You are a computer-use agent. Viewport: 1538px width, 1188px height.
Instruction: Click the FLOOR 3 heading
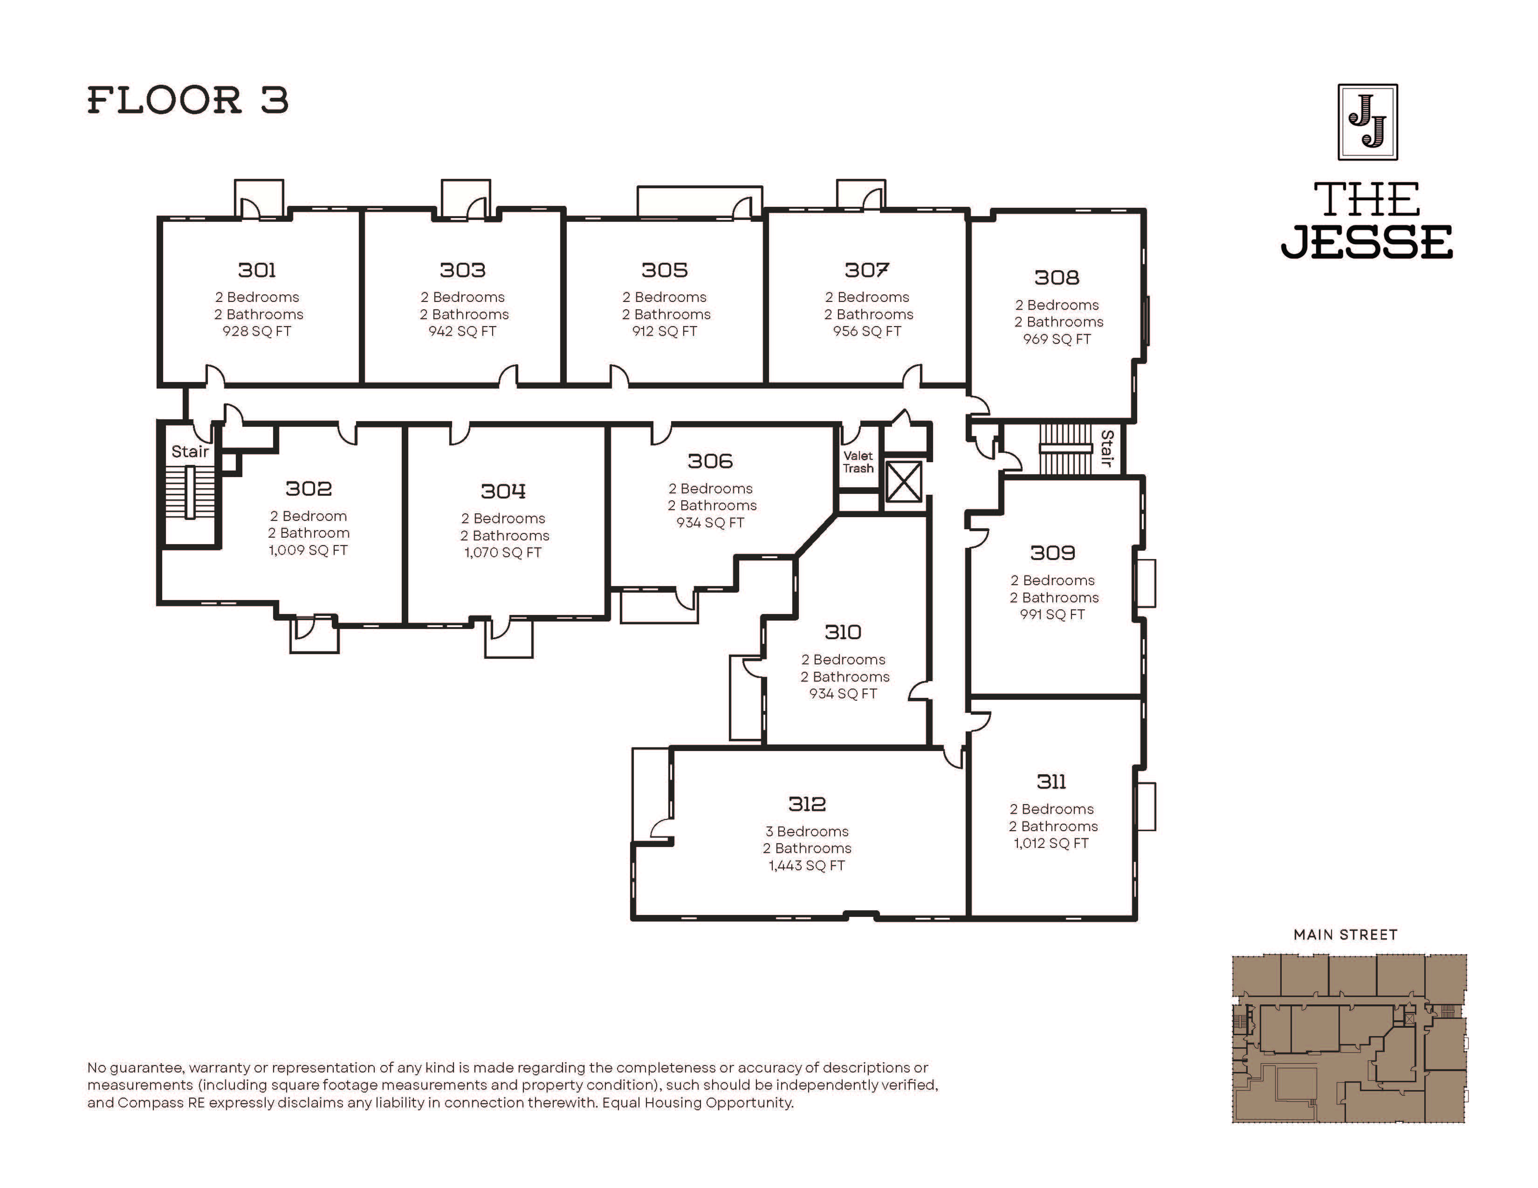188,100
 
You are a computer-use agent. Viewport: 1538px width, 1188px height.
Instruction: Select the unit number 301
257,270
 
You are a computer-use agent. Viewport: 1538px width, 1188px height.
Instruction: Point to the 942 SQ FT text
463,332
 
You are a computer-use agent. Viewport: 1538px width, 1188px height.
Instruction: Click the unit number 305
665,270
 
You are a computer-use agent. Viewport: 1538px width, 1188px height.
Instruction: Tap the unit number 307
867,270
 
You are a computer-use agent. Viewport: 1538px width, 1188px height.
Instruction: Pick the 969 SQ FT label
1057,339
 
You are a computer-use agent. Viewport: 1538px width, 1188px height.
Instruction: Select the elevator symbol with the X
904,481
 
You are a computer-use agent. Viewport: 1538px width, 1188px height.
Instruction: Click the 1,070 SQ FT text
503,553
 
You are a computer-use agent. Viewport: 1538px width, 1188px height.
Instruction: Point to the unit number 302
309,488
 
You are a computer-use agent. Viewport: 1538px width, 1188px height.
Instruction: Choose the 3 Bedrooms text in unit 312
807,831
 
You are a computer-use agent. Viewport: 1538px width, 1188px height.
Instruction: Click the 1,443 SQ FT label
807,866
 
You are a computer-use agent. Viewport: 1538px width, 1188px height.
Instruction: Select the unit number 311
1051,782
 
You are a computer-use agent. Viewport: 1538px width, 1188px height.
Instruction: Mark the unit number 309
1053,553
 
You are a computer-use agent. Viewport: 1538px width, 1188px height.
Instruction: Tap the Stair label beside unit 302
190,452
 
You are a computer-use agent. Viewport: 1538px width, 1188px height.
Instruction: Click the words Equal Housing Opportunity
697,1103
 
